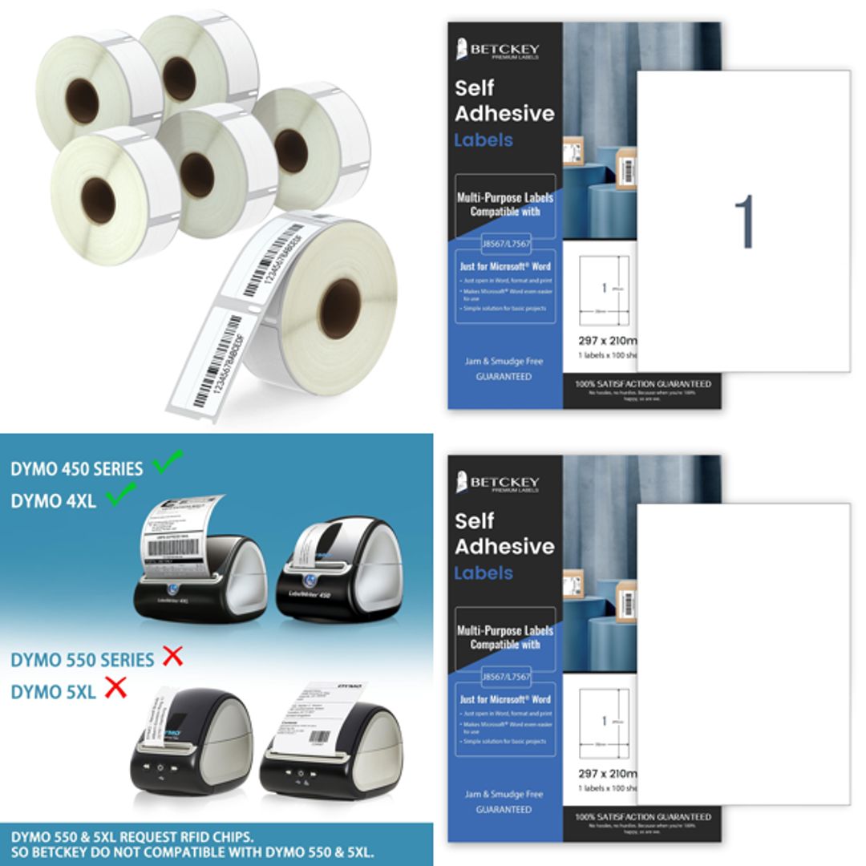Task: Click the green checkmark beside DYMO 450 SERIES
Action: point(168,461)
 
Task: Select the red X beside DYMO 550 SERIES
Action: point(172,657)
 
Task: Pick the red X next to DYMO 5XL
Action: point(116,687)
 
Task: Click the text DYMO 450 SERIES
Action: point(77,469)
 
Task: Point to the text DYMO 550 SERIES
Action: point(82,660)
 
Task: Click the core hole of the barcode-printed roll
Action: point(339,308)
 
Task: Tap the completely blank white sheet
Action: point(743,654)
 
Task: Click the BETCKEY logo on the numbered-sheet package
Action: point(497,51)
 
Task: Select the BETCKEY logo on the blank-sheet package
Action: point(497,484)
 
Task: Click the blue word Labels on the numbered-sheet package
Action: point(483,140)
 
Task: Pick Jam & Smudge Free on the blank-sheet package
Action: point(504,794)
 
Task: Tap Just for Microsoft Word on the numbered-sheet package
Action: point(504,266)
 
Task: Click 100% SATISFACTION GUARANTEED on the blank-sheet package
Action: point(642,817)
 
